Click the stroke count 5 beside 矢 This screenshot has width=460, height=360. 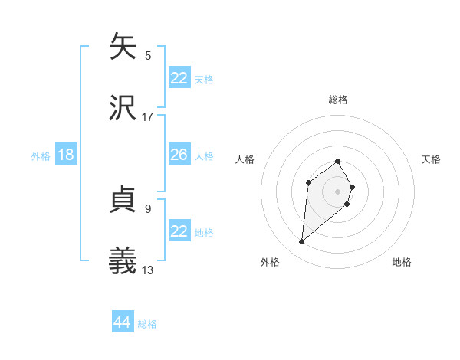click(x=148, y=55)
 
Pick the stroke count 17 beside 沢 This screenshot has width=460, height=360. click(x=148, y=116)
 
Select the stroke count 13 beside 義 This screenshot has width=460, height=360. click(x=148, y=270)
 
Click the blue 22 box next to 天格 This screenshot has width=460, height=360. click(x=179, y=77)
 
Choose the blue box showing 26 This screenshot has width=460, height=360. click(x=179, y=155)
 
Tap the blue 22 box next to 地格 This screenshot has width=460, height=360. click(x=179, y=231)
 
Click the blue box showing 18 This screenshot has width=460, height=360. click(x=66, y=155)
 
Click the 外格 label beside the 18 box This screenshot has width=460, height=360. click(x=41, y=156)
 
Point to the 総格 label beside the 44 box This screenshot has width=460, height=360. click(x=147, y=324)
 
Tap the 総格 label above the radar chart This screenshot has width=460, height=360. click(x=338, y=100)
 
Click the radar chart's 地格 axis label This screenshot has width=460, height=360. click(x=402, y=262)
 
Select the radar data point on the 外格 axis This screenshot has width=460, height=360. click(x=301, y=242)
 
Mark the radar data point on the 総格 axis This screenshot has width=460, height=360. click(x=338, y=162)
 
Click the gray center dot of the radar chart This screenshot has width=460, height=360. click(x=338, y=191)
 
